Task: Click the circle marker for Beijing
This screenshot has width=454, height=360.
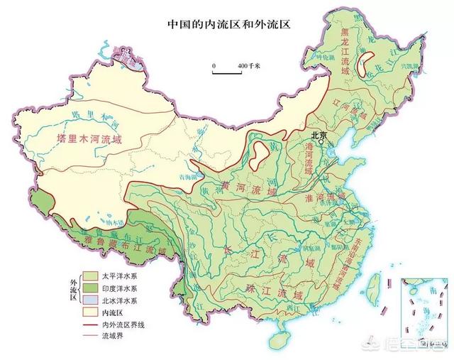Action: [x=321, y=142]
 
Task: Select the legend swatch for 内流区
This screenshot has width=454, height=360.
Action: [x=90, y=311]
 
